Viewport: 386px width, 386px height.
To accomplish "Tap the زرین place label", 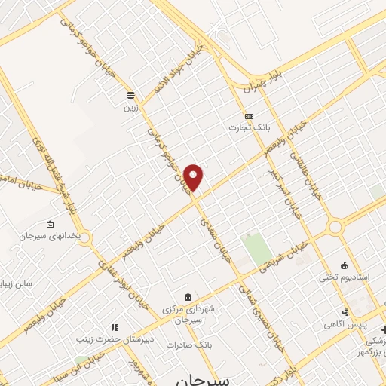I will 131,107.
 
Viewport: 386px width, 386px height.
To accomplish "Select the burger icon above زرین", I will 131,96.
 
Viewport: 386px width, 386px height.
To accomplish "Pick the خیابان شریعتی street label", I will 283,257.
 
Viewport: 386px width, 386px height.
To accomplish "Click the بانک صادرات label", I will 195,344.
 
